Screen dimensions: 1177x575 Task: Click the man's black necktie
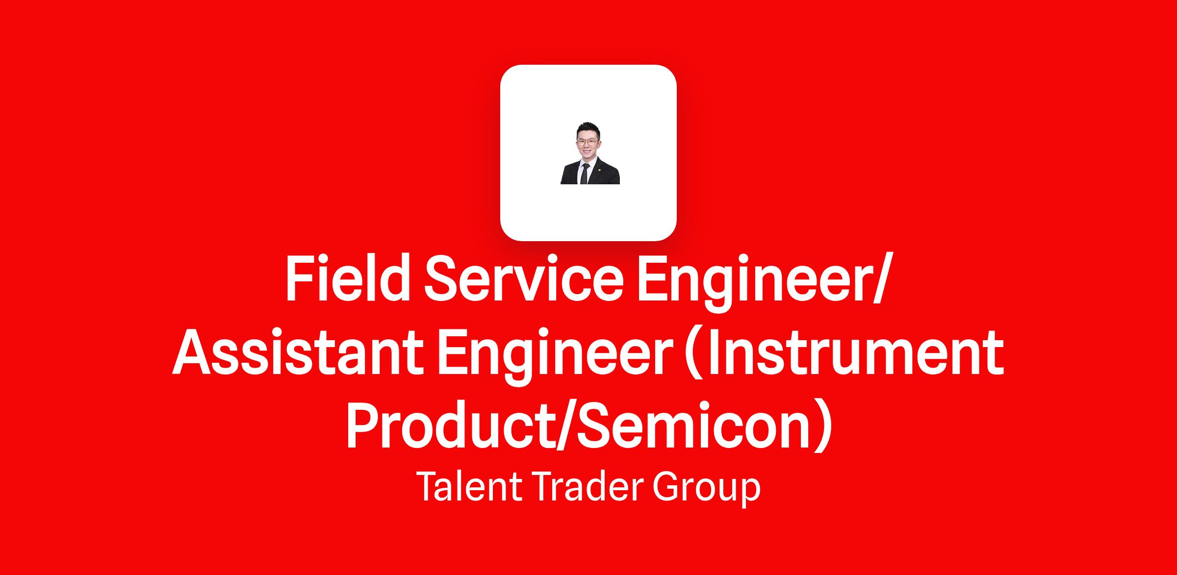(x=584, y=174)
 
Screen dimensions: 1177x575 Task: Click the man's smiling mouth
(x=587, y=152)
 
